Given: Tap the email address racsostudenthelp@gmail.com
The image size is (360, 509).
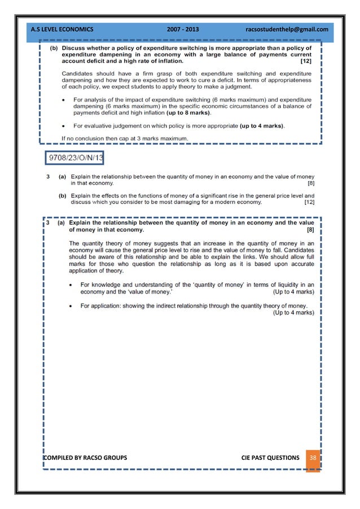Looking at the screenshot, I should pyautogui.click(x=287, y=28).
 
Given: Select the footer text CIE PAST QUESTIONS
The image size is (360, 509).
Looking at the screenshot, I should pyautogui.click(x=270, y=457).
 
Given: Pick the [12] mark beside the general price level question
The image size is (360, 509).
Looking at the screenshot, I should pyautogui.click(x=309, y=201).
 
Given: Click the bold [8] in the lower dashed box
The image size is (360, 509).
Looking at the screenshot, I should pyautogui.click(x=310, y=230).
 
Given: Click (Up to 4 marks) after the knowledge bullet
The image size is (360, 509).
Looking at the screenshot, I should pyautogui.click(x=293, y=292).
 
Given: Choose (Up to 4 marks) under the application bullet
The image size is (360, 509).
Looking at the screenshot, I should pyautogui.click(x=293, y=312).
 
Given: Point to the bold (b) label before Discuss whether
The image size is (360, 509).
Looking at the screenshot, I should pyautogui.click(x=54, y=48).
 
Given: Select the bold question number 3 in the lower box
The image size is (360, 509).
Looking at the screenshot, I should pyautogui.click(x=48, y=222).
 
